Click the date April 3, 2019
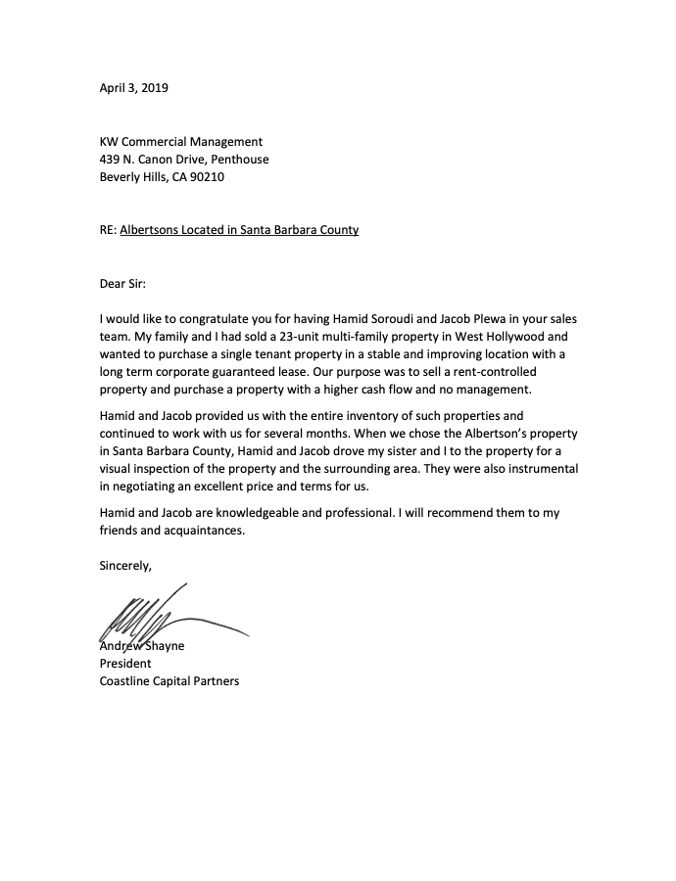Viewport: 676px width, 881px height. (x=134, y=88)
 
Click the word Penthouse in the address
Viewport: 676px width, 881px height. (x=238, y=160)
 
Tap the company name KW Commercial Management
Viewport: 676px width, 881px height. (x=181, y=142)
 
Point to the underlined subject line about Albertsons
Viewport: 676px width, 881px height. (x=239, y=230)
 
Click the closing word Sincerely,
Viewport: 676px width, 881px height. (x=125, y=566)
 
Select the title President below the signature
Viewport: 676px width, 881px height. (x=125, y=664)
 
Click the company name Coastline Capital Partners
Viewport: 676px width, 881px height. (x=169, y=681)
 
